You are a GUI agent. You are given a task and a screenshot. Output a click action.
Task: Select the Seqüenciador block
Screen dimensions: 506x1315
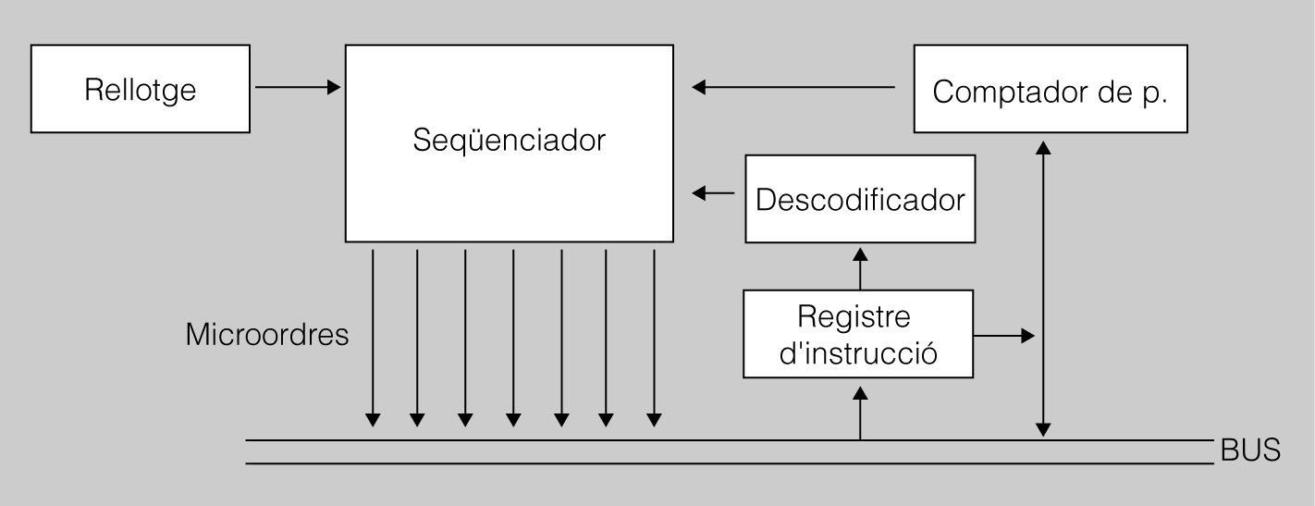[x=509, y=142]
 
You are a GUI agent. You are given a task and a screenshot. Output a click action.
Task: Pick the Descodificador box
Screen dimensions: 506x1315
[x=860, y=199]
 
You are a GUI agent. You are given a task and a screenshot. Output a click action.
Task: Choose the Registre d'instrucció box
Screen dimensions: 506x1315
[x=860, y=333]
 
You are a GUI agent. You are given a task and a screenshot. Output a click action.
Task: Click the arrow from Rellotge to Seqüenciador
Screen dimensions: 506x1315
[x=297, y=88]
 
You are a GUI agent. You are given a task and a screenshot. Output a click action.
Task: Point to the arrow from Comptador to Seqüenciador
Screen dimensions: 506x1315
[x=794, y=88]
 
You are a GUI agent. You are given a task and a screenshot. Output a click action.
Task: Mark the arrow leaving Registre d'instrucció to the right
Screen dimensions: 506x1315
[x=1003, y=336]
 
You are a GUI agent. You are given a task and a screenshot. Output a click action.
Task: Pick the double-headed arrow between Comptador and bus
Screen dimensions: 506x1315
[x=1044, y=287]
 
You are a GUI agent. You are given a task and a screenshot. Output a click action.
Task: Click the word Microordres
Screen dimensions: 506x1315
[x=267, y=334]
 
